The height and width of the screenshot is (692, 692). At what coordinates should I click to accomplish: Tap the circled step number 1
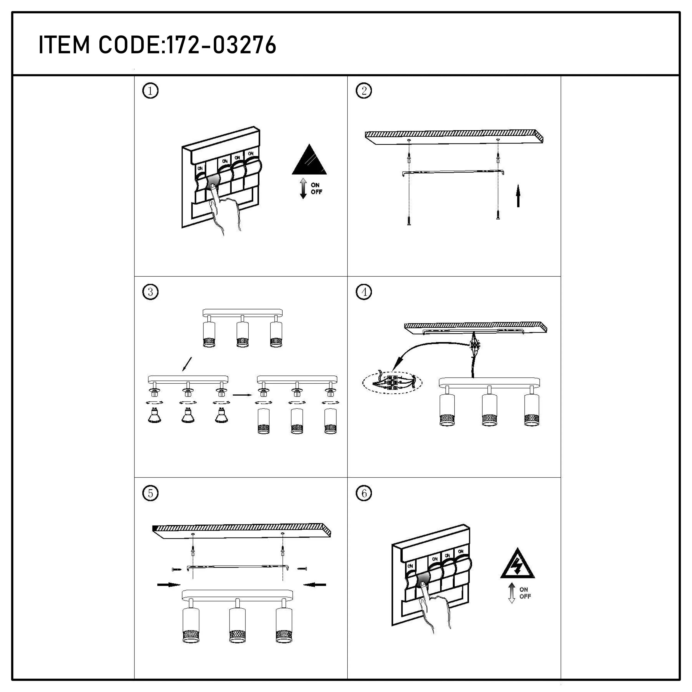150,91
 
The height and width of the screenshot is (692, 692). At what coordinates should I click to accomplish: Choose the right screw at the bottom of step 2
498,215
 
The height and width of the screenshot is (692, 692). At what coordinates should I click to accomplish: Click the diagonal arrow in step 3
187,364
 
